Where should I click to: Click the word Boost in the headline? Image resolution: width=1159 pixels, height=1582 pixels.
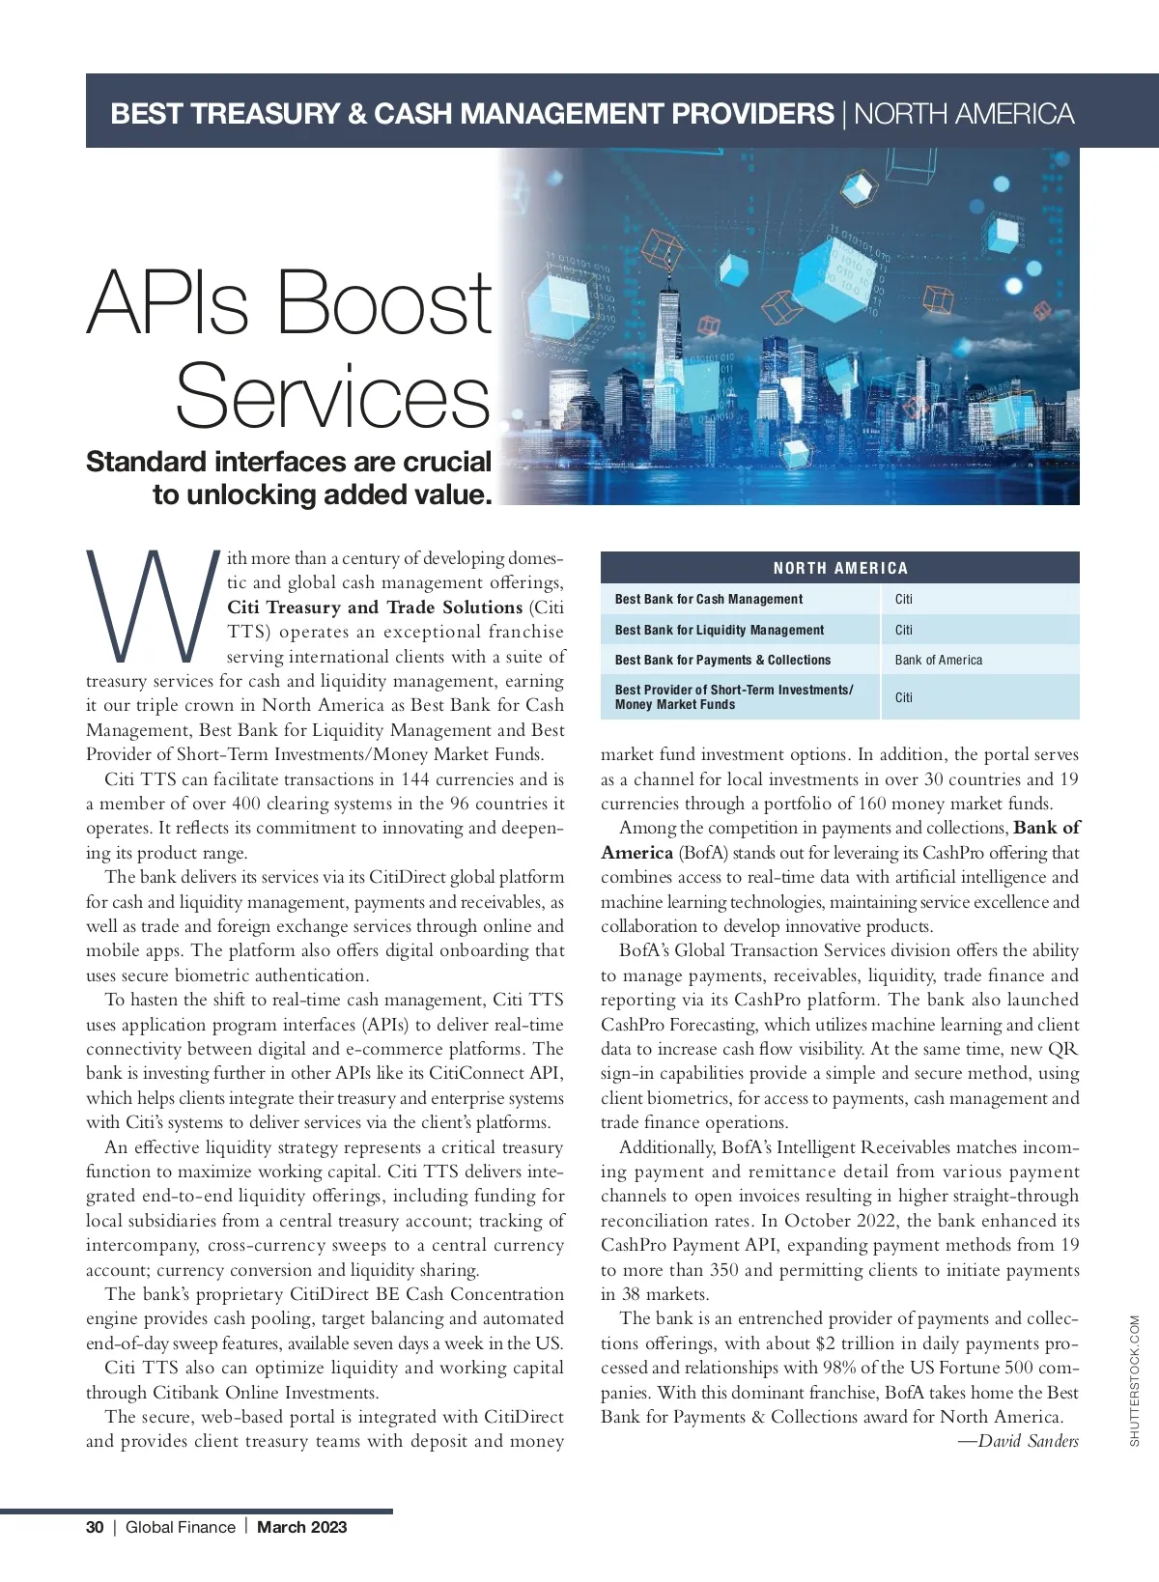pyautogui.click(x=384, y=301)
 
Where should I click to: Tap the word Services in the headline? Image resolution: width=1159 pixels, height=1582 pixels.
pyautogui.click(x=333, y=395)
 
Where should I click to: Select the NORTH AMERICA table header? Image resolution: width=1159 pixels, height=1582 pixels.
pyautogui.click(x=839, y=568)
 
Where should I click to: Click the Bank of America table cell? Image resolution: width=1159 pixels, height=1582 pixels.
pyautogui.click(x=938, y=660)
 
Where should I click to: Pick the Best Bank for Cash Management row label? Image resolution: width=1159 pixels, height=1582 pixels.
pyautogui.click(x=708, y=599)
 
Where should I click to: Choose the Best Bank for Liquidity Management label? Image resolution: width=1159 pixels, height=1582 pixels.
pyautogui.click(x=719, y=630)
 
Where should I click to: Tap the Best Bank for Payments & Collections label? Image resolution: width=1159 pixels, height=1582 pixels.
pyautogui.click(x=722, y=660)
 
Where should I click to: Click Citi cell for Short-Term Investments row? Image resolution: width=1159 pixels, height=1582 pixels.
pyautogui.click(x=903, y=697)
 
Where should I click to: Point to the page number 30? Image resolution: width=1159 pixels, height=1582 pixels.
pyautogui.click(x=95, y=1527)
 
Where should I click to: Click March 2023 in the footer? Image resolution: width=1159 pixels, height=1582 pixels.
pyautogui.click(x=301, y=1527)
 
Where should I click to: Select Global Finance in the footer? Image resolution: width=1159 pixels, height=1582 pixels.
pyautogui.click(x=181, y=1527)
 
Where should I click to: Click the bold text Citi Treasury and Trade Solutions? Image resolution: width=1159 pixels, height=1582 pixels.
pyautogui.click(x=375, y=607)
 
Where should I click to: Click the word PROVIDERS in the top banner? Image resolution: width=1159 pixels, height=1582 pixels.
pyautogui.click(x=752, y=114)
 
